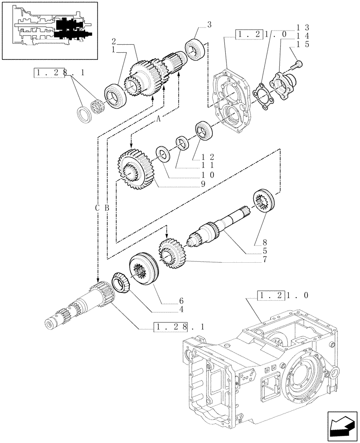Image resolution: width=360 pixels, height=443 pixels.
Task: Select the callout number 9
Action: [203, 182]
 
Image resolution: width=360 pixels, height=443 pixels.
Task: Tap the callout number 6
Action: [181, 300]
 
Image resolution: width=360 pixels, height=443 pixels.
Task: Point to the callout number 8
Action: [265, 242]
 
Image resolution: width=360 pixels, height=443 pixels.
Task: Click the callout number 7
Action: [265, 259]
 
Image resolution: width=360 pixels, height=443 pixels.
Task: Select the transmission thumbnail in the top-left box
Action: [50, 30]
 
